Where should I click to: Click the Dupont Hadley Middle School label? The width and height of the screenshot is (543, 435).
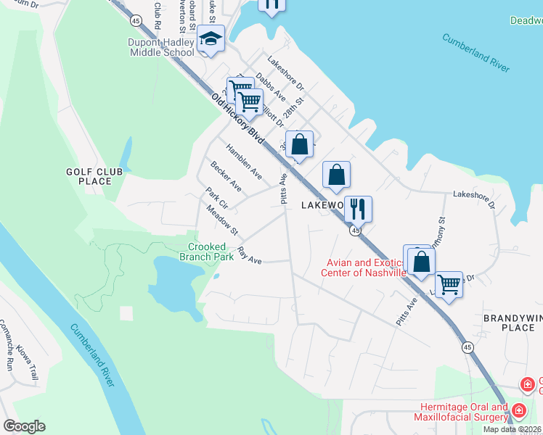[x=161, y=47]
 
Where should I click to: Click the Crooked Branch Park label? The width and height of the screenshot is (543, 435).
[x=207, y=251]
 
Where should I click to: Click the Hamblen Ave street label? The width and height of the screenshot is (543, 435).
[x=243, y=161]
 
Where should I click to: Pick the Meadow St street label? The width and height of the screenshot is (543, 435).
[x=222, y=220]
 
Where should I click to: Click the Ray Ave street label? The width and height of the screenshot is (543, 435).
[x=249, y=257]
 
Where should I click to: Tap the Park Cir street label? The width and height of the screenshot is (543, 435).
[x=216, y=199]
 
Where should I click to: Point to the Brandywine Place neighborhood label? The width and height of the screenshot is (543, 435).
[x=513, y=323]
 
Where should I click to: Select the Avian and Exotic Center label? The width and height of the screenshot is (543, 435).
[x=365, y=268]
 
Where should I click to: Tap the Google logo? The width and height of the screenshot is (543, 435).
[x=24, y=426]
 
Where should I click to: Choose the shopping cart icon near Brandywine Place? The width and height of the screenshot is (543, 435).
[x=449, y=285]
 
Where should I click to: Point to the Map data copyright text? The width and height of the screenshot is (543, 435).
[x=512, y=429]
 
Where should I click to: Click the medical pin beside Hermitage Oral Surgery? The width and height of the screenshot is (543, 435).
[x=518, y=411]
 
